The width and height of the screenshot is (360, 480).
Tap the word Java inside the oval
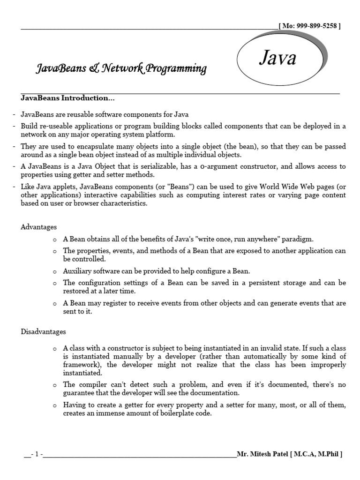[x=278, y=59]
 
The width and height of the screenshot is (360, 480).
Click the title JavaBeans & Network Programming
[x=121, y=69]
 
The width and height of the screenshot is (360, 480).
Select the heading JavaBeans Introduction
[x=67, y=98]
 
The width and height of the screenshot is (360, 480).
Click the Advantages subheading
[x=38, y=227]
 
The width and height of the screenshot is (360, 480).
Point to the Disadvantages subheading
[x=43, y=331]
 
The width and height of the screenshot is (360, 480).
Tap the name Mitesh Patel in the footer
[x=271, y=454]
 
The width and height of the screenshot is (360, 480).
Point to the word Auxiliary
[x=77, y=271]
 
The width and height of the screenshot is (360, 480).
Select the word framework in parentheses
[x=80, y=365]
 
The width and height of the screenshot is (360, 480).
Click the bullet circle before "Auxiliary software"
[x=55, y=271]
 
